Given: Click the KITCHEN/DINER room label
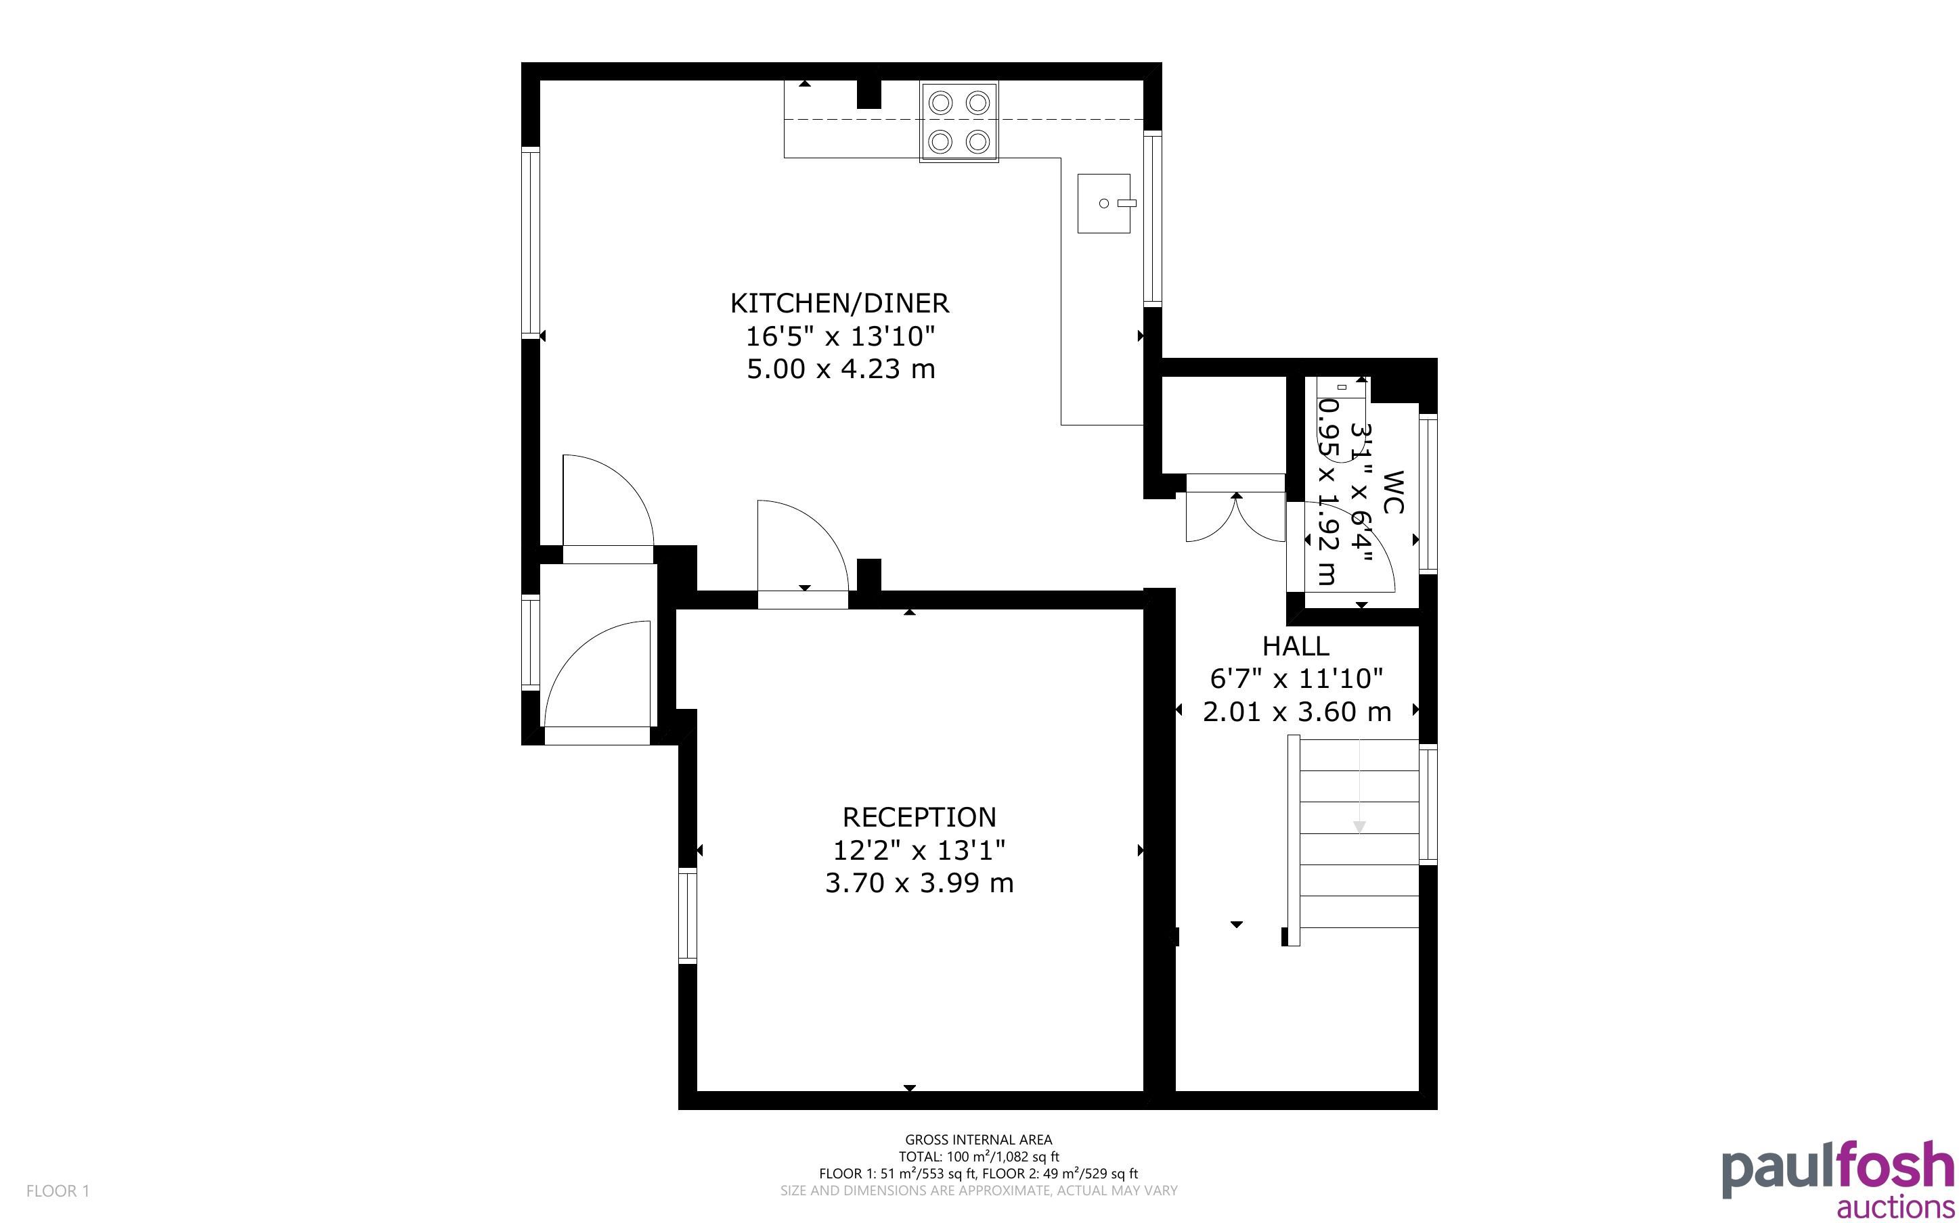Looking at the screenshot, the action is pos(839,303).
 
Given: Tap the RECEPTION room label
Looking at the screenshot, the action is pos(919,817).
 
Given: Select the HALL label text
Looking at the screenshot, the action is pos(1296,646).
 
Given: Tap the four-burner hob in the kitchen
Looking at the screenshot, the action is pos(959,121).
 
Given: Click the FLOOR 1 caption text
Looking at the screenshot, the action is pos(58,1191).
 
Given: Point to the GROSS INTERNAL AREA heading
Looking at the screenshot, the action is pos(978,1140).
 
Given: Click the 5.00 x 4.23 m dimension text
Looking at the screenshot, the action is pos(841,369).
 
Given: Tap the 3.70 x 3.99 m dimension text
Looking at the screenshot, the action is pos(919,883).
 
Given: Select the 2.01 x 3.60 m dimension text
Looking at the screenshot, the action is pos(1297,712).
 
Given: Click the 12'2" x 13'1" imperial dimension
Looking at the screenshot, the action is pos(919,850).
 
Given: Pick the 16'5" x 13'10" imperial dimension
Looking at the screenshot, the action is pos(840,336).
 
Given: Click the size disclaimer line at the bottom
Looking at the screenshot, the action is pos(978,1191).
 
